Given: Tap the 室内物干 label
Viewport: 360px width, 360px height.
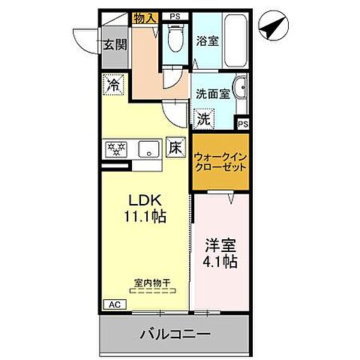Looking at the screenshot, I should pos(151,283).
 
